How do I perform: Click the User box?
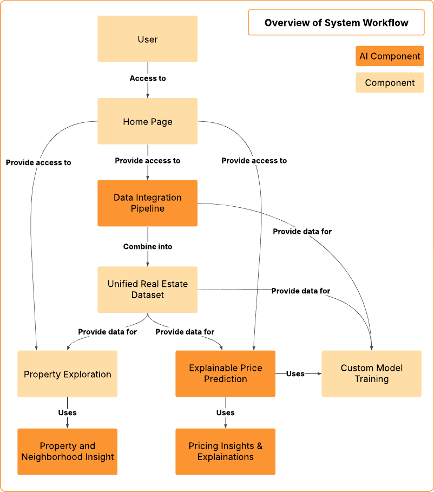147,39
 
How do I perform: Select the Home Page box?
147,121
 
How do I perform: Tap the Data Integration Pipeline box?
147,203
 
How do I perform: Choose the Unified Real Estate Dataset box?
147,290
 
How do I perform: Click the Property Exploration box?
67,374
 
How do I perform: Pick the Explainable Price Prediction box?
225,373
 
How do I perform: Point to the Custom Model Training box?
371,373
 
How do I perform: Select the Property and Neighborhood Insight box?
67,451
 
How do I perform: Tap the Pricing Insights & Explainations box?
225,451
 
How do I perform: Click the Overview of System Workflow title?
336,23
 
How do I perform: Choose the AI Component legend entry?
390,56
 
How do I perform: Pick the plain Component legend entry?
390,83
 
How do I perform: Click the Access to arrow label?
148,78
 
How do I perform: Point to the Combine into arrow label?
148,247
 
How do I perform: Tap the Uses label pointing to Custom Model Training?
295,373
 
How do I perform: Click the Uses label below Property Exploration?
67,413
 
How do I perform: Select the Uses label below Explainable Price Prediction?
225,413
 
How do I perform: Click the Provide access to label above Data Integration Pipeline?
148,161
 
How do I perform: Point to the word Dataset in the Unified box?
147,296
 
